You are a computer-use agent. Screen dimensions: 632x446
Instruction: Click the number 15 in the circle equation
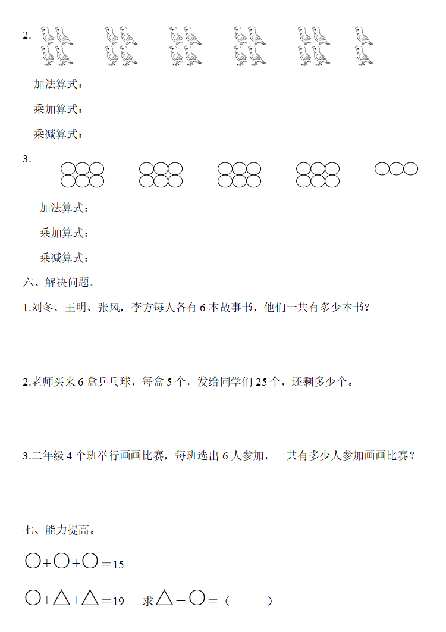tap(118, 564)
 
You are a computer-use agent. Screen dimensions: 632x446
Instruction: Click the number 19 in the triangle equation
tap(118, 601)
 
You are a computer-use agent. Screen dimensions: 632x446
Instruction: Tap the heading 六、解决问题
tap(59, 282)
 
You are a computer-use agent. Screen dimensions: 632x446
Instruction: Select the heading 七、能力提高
tap(59, 530)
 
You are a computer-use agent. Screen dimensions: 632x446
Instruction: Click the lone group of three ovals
tap(396, 169)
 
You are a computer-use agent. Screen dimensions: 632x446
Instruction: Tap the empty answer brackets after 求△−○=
tap(249, 601)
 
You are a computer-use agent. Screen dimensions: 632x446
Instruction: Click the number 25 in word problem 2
tap(261, 382)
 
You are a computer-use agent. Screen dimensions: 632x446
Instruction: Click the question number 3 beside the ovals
tap(26, 159)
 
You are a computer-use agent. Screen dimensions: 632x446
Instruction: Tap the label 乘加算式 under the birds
tap(56, 110)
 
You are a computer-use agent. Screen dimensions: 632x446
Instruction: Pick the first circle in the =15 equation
tap(33, 561)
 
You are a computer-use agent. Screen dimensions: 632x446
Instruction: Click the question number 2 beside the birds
tap(26, 35)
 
